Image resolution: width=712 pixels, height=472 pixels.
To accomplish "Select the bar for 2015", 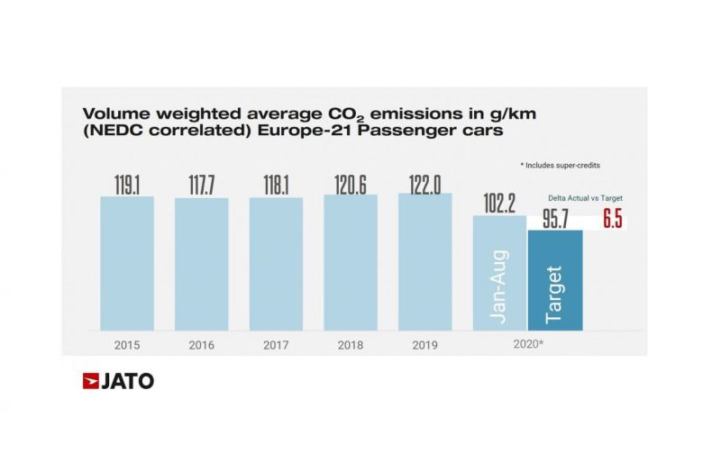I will tap(126, 262).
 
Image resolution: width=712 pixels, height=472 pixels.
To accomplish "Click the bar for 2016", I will tap(201, 263).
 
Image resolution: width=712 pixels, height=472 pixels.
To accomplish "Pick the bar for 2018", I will tap(350, 261).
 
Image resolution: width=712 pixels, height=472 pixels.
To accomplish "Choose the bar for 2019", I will tap(424, 260).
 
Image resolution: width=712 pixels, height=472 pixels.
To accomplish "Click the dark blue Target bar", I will tap(555, 280).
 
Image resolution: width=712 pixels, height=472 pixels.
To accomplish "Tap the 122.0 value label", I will tap(424, 181).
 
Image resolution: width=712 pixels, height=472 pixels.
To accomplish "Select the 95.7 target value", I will tap(555, 219).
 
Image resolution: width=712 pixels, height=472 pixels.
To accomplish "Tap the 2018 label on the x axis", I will tap(350, 344).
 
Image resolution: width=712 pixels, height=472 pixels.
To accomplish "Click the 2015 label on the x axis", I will tap(126, 344).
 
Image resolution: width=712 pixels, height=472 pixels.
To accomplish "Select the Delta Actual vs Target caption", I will tap(585, 197).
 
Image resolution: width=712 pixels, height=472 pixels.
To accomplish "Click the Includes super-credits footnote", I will tap(563, 167).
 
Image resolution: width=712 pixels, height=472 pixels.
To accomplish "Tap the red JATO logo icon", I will tap(91, 381).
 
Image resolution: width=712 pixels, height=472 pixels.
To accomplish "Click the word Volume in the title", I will tap(112, 114).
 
